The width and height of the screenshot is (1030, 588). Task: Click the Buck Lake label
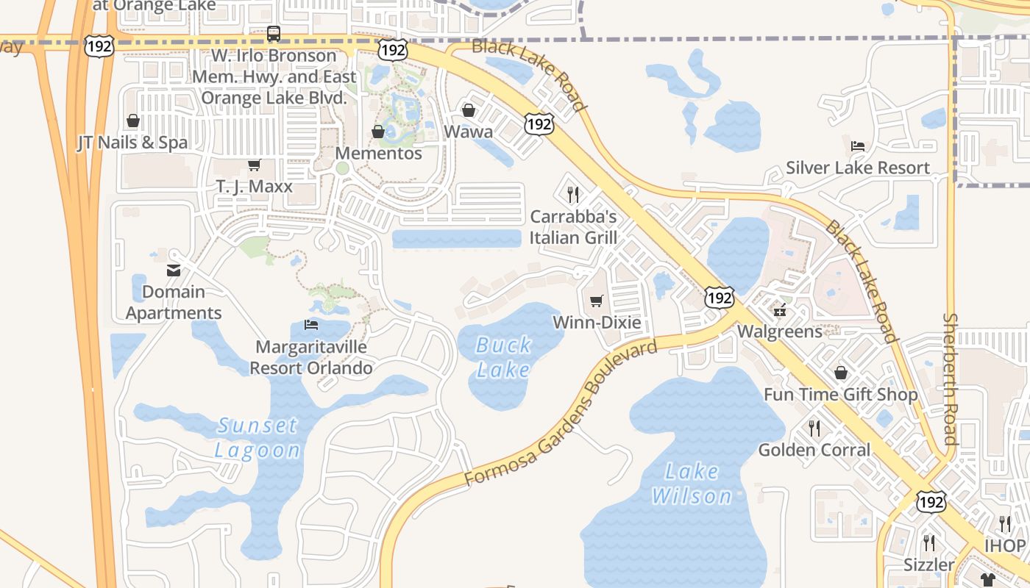coord(503,356)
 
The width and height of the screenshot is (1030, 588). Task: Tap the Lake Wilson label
coord(692,483)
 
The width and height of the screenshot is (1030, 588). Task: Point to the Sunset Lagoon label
coord(257,437)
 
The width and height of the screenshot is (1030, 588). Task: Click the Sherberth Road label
coord(951,379)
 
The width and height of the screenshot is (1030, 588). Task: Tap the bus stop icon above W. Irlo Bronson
coord(274,34)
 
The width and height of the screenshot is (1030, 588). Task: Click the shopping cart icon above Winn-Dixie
coord(597,301)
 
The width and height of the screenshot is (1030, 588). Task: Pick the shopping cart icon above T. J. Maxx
coord(254,165)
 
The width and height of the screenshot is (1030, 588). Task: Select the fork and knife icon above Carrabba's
coord(573,195)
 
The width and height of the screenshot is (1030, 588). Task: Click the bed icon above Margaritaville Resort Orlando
coord(311,324)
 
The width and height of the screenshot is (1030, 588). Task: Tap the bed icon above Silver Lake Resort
coord(857,146)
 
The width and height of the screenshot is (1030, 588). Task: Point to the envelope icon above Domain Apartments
coord(174,270)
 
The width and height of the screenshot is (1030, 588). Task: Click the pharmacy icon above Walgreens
coord(780,309)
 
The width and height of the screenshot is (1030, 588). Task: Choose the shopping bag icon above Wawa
coord(469,110)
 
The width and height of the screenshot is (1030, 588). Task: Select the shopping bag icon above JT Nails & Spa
coord(133,121)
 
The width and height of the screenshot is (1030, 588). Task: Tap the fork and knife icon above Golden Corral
coord(814,428)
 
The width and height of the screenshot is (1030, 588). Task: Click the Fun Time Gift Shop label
coord(840,395)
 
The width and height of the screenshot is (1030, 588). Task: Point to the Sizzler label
coord(929,564)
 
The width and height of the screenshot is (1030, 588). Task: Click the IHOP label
coord(1004,546)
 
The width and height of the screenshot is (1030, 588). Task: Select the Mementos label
coord(378,154)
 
